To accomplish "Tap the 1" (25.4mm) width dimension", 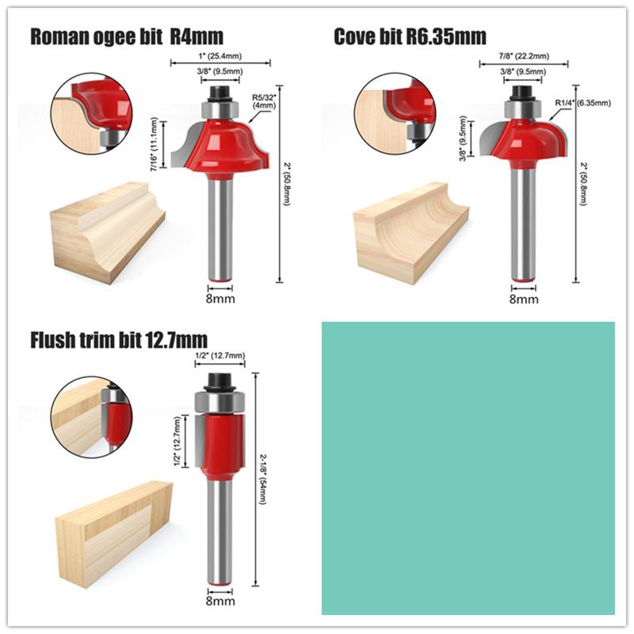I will (221, 55).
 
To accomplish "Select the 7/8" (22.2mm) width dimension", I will (524, 57).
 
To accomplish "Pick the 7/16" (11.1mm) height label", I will (155, 143).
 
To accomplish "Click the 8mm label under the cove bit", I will (524, 300).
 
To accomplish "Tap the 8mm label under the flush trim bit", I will (220, 602).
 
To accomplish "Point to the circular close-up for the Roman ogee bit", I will (91, 111).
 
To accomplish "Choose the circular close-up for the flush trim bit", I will (90, 416).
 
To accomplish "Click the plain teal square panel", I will (468, 468).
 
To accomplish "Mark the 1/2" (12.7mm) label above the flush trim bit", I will (220, 356).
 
